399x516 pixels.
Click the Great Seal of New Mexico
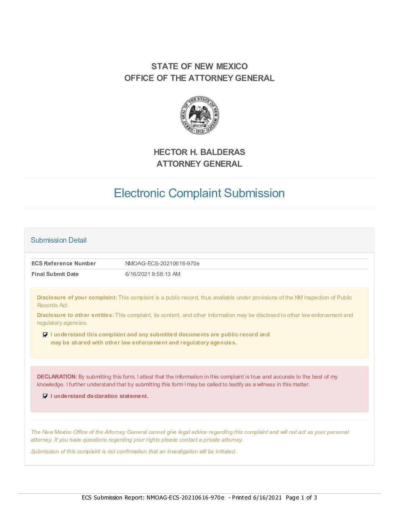(x=199, y=115)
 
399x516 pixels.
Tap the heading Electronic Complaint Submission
(x=199, y=193)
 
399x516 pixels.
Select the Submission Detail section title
(x=59, y=240)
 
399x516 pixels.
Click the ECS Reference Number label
(x=63, y=263)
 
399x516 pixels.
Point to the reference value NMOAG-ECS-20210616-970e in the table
(x=162, y=263)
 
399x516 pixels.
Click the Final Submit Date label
(x=55, y=274)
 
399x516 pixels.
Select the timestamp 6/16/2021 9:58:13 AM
(x=153, y=274)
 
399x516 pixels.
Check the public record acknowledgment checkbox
(x=45, y=335)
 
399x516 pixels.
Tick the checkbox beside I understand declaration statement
(x=45, y=396)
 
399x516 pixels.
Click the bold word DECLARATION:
(x=57, y=377)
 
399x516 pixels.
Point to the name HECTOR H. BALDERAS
(x=199, y=152)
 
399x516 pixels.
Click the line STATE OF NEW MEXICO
(x=199, y=66)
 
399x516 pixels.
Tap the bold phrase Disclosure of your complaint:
(x=77, y=298)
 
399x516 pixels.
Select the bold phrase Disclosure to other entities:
(x=76, y=315)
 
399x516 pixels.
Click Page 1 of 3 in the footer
(x=301, y=497)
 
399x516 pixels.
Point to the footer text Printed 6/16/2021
(x=257, y=497)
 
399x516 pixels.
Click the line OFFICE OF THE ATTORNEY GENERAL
(x=199, y=78)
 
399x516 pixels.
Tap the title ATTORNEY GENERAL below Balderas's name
(x=199, y=164)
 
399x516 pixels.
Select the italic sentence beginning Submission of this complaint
(x=133, y=451)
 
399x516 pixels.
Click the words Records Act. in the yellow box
(x=53, y=305)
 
